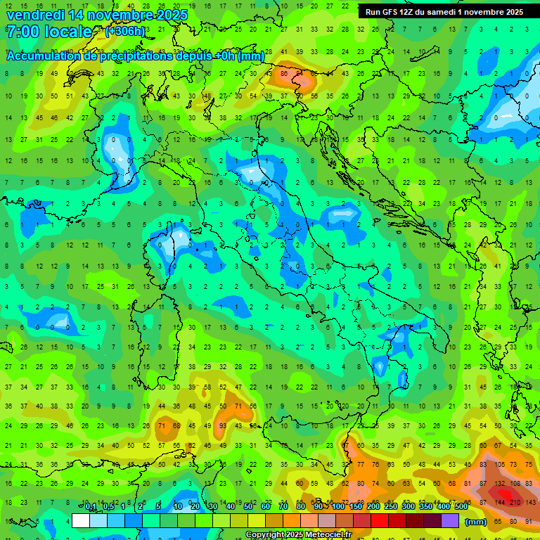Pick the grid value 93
[x=222, y=426]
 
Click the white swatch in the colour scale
[x=81, y=521]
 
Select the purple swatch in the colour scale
[x=450, y=521]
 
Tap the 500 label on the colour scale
[x=461, y=506]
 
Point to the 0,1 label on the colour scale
[x=91, y=506]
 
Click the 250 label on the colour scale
[x=390, y=506]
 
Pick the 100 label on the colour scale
[x=337, y=506]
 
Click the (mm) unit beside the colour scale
[x=475, y=522]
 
